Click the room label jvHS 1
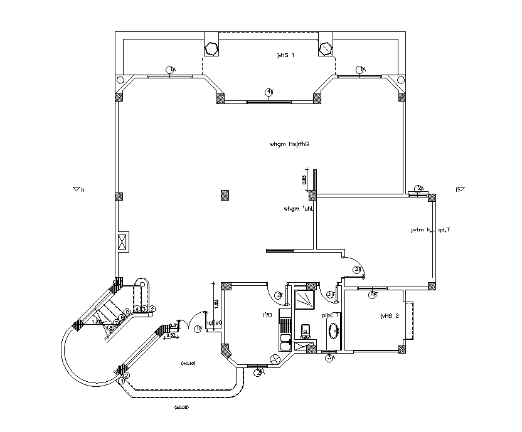click(285, 56)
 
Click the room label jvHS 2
click(390, 317)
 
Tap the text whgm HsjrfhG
click(290, 144)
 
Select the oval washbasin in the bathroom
click(333, 330)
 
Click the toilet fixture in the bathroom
click(306, 330)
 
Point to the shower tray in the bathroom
click(306, 299)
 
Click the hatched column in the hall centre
click(225, 195)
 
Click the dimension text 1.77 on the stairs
click(97, 322)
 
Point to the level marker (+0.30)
click(188, 363)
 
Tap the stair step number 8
click(111, 327)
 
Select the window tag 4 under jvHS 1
click(269, 92)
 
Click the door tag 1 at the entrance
click(198, 328)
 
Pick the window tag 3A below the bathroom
click(330, 358)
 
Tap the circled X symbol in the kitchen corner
click(274, 359)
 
